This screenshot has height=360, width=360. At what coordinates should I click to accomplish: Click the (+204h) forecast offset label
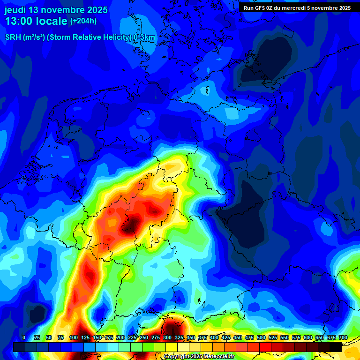tap(83, 21)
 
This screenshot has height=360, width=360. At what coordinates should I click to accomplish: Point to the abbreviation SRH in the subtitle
tap(13, 37)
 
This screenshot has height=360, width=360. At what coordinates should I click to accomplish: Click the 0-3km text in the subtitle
tap(144, 37)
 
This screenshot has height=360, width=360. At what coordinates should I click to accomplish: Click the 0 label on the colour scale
tap(24, 337)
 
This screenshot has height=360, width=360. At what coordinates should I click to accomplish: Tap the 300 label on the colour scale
tap(167, 337)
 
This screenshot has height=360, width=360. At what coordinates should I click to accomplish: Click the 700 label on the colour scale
tap(343, 337)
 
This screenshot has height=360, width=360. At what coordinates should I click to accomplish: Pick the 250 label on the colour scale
tap(143, 337)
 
